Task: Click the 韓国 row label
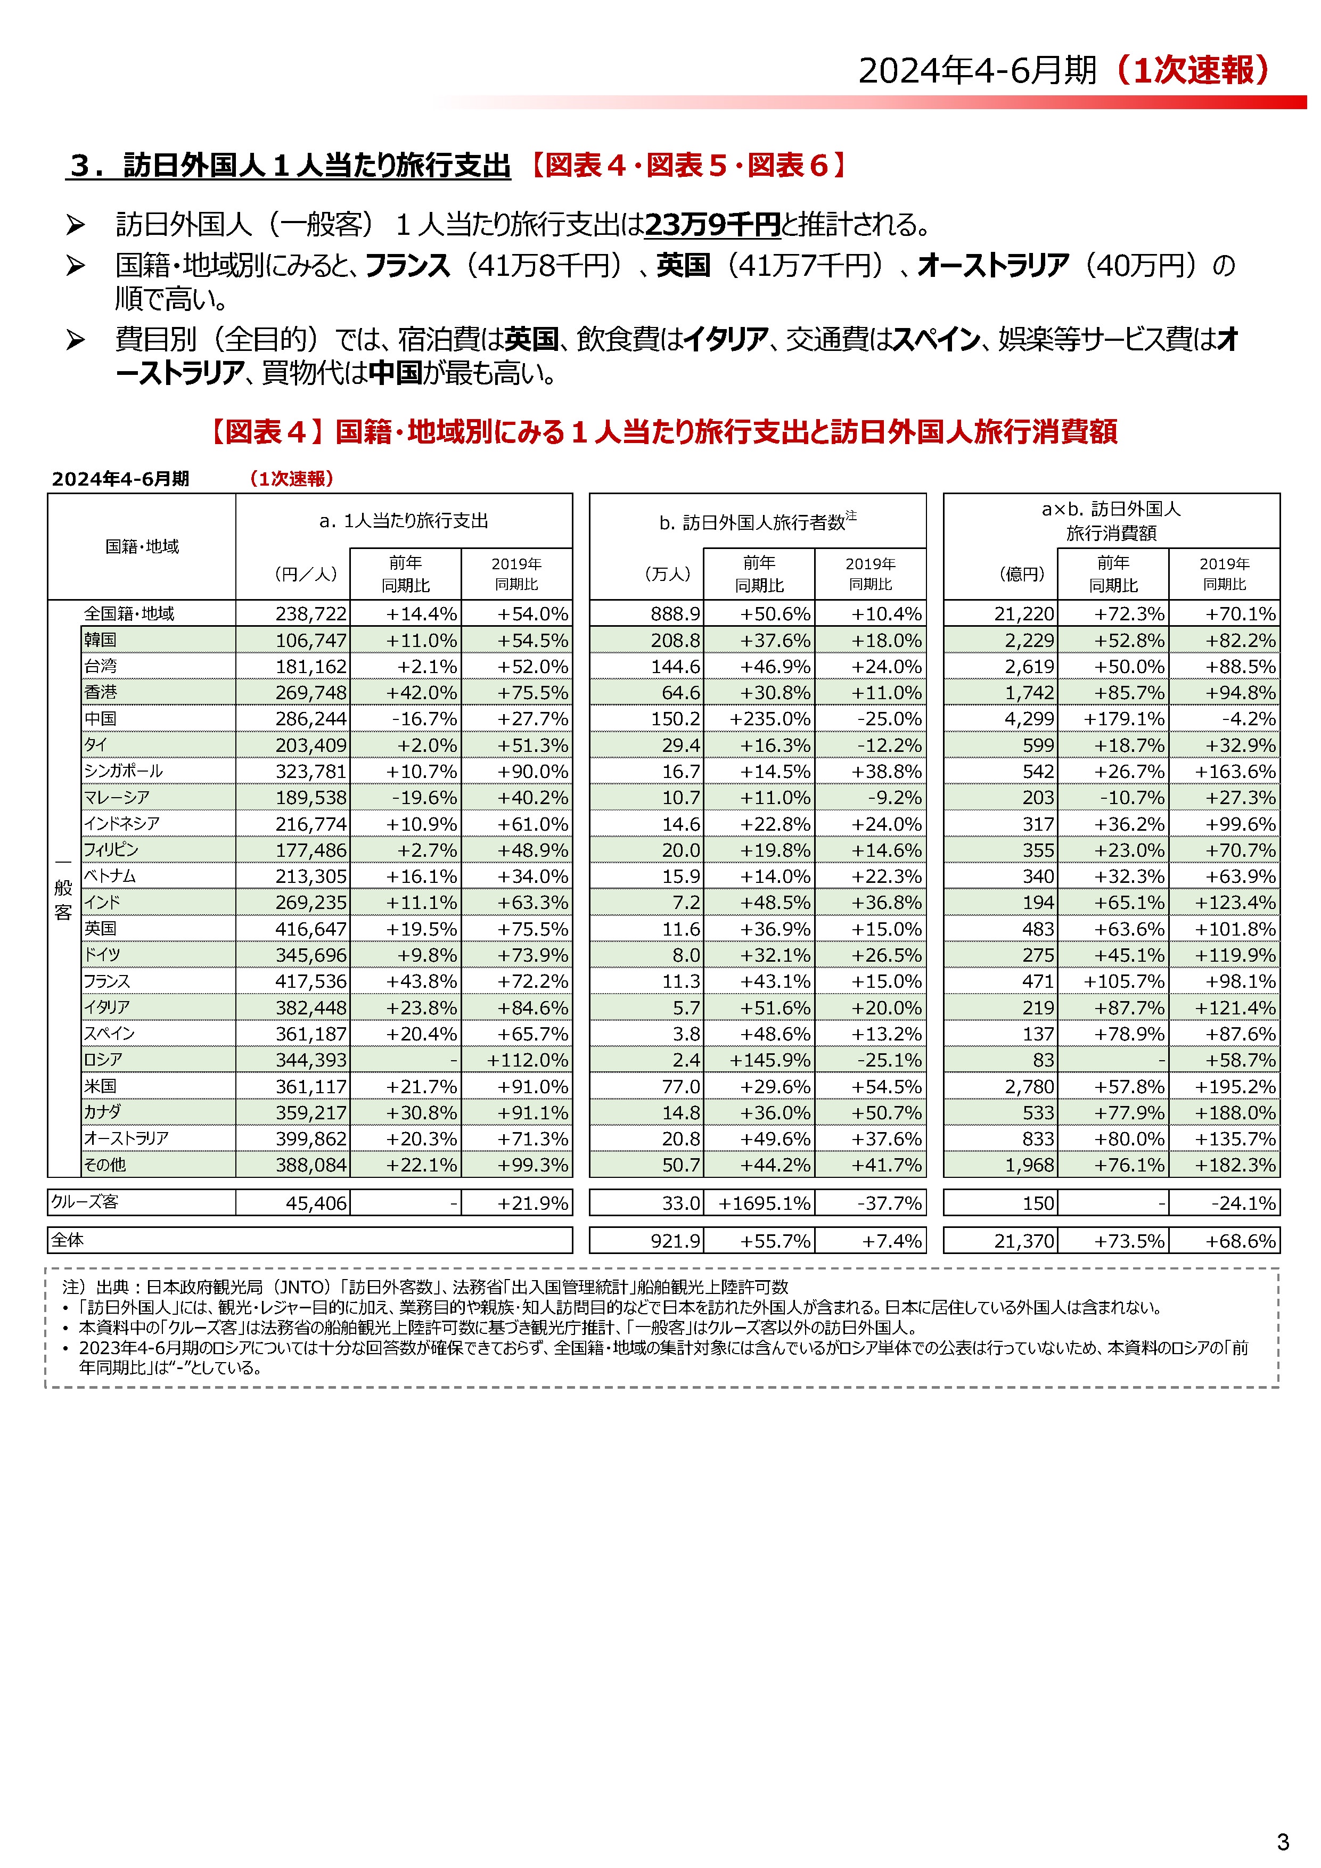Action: click(x=101, y=640)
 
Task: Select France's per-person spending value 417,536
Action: click(x=311, y=981)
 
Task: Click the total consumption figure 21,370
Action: click(x=1023, y=1241)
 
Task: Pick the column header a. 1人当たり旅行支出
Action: click(x=404, y=521)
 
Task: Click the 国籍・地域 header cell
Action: click(x=142, y=547)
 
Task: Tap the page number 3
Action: click(x=1283, y=1841)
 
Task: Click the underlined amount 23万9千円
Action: click(x=712, y=225)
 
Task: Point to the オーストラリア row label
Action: click(x=126, y=1138)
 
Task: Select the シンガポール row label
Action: click(x=123, y=771)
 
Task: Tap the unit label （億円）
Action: click(x=1022, y=573)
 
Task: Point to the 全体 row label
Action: click(x=68, y=1240)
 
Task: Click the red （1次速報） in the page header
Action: click(x=1192, y=71)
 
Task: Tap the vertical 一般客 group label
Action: click(x=63, y=888)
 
